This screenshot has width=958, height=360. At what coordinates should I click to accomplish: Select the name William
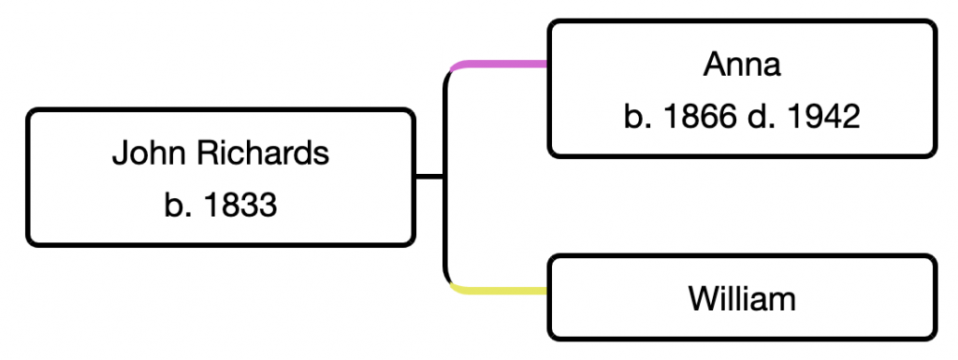(x=742, y=299)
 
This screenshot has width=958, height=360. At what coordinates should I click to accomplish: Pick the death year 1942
(x=821, y=117)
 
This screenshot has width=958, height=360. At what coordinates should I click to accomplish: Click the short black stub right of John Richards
(x=428, y=177)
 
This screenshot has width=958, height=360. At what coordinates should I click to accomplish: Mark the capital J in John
(x=119, y=152)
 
